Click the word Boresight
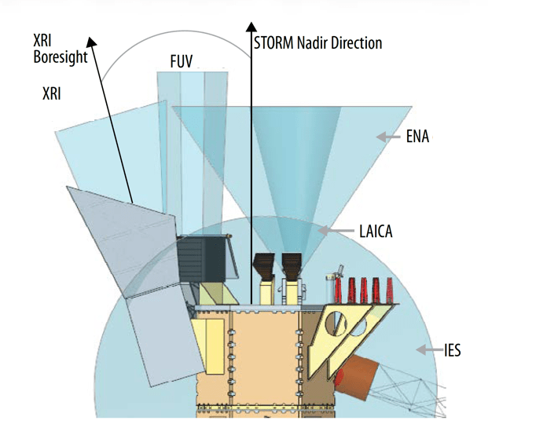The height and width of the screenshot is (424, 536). click(61, 57)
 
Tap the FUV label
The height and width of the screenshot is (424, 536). click(181, 60)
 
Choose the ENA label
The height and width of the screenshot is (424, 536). click(418, 137)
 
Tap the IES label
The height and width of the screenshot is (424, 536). click(451, 349)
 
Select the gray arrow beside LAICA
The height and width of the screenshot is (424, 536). click(336, 231)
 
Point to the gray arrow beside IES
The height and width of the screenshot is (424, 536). click(427, 349)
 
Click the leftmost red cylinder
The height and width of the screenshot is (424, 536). click(351, 289)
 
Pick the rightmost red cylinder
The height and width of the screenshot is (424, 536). click(388, 289)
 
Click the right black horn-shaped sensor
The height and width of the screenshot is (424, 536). click(292, 266)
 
